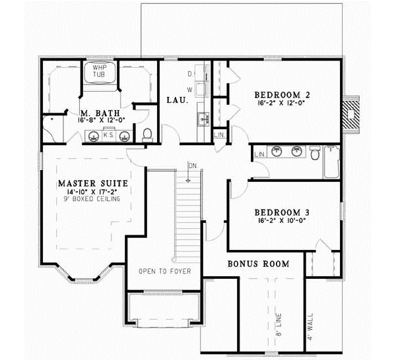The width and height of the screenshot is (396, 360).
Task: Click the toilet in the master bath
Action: tap(148, 135)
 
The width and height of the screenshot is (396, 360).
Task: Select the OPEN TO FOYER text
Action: tap(164, 271)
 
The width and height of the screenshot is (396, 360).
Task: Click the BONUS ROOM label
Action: tap(259, 264)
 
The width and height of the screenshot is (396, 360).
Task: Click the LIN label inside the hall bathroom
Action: tap(259, 154)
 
